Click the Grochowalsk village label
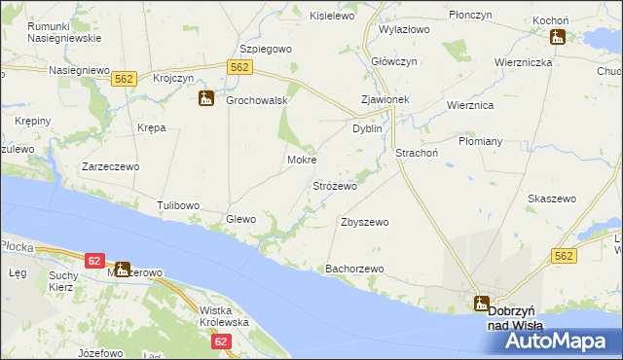click(255, 100)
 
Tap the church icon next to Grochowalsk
click(206, 98)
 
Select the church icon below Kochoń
click(557, 38)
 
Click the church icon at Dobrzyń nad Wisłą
click(482, 303)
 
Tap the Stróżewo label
click(335, 185)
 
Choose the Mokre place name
click(302, 160)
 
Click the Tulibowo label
click(178, 205)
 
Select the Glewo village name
click(240, 219)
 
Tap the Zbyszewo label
click(365, 222)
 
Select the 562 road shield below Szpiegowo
click(241, 65)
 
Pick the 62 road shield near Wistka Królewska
click(221, 341)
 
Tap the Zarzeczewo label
click(111, 166)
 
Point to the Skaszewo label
click(552, 198)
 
